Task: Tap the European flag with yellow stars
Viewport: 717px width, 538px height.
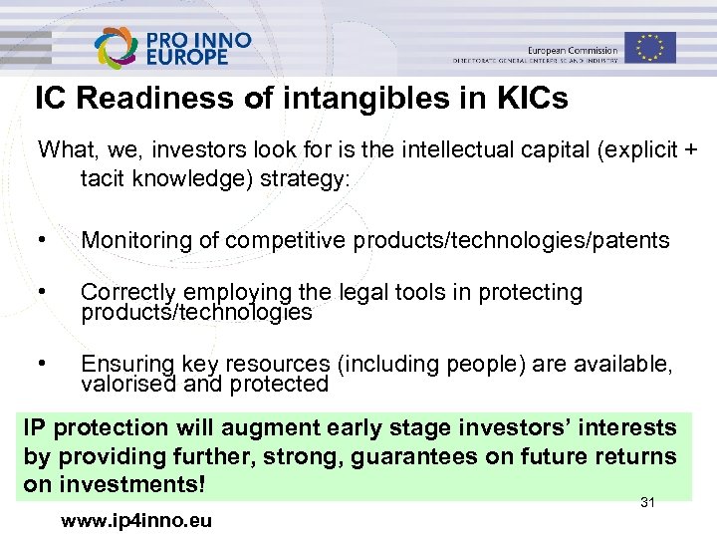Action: coord(650,47)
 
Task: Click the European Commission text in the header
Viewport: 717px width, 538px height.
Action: coord(572,50)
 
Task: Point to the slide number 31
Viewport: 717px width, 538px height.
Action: coord(647,503)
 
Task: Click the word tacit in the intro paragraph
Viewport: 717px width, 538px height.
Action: coord(106,178)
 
